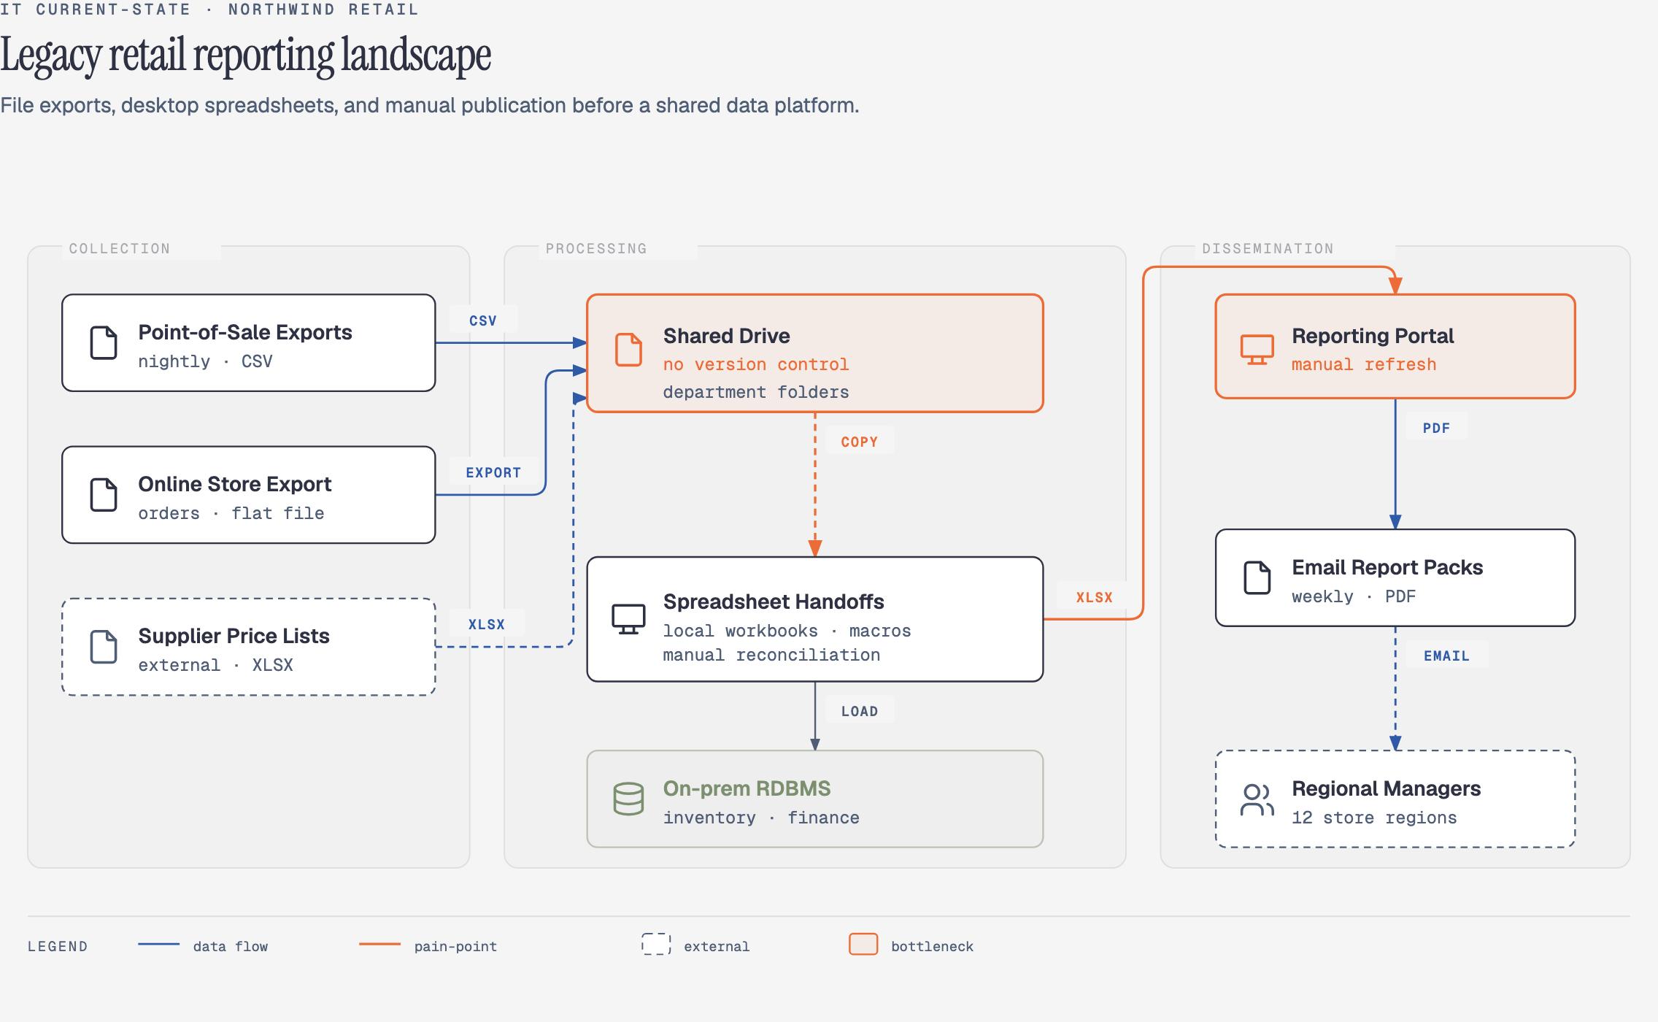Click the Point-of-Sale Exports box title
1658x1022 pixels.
[245, 333]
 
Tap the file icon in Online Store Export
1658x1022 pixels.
[104, 495]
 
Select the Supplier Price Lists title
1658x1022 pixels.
[234, 636]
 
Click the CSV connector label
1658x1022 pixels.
[482, 321]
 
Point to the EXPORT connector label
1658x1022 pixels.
[493, 473]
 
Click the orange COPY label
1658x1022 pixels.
[859, 442]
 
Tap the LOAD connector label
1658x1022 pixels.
[859, 712]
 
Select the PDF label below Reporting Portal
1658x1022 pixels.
[1436, 429]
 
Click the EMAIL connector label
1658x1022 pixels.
[1446, 656]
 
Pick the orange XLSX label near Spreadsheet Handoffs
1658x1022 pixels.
[1094, 598]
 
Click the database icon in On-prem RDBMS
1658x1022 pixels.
[628, 799]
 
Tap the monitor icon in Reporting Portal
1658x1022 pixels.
[1257, 350]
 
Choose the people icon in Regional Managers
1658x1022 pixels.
[1257, 800]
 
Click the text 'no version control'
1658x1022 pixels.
[756, 364]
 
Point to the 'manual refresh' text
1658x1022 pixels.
[1364, 364]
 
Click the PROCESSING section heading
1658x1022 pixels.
[596, 249]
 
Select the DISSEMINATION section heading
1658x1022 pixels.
[1268, 249]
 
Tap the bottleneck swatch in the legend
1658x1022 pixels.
[863, 944]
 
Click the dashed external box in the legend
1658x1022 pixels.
[656, 944]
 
